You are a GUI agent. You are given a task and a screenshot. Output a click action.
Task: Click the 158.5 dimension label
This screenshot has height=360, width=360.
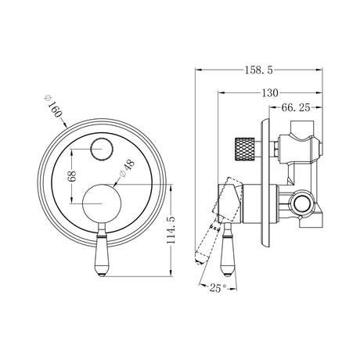tap(258, 70)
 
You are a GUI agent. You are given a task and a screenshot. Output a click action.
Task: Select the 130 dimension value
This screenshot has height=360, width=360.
tap(270, 92)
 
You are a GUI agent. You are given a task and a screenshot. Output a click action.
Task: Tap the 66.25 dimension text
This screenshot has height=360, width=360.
tap(296, 107)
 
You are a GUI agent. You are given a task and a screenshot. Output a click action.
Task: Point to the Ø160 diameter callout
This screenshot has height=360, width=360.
tap(53, 106)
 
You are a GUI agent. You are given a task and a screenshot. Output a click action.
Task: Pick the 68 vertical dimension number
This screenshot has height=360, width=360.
tap(71, 176)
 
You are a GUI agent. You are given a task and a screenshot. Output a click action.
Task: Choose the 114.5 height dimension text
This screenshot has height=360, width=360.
tap(171, 230)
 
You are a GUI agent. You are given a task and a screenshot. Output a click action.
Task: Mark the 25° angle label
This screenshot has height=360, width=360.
tap(218, 288)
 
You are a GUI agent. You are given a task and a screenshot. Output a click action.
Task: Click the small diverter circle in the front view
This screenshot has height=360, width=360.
tap(102, 149)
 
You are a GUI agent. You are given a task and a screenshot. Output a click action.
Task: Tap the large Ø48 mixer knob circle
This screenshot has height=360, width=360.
tap(102, 203)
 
